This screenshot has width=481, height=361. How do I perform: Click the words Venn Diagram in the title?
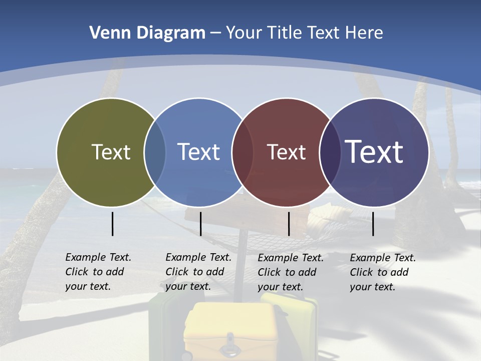147,33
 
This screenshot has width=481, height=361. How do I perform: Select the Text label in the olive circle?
111,152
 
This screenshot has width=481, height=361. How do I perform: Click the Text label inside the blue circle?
198,152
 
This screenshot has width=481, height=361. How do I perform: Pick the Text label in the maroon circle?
286,152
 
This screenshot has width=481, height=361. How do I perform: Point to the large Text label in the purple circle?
374,151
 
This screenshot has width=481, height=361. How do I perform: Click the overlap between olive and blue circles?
155,152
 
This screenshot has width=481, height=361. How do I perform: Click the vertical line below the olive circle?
112,224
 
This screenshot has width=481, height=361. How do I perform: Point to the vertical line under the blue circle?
200,224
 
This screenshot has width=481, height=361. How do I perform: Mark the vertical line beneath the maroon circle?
289,224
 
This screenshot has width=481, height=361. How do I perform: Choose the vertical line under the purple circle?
373,224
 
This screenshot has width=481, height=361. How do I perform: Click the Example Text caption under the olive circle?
98,272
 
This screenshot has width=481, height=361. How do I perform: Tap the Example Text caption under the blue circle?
198,272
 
